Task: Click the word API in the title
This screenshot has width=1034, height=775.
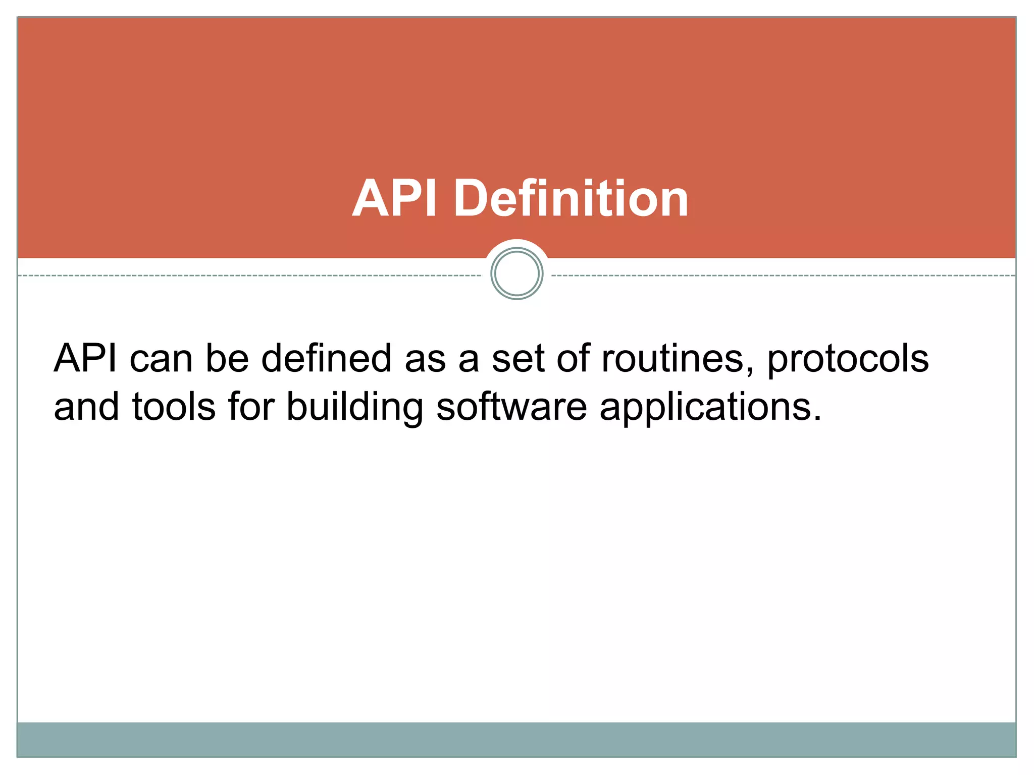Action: pos(394,199)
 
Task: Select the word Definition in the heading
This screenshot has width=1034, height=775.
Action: pos(571,199)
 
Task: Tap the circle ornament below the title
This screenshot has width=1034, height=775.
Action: pos(516,274)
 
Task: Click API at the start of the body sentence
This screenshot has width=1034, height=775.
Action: pos(85,358)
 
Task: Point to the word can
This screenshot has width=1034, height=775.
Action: pos(161,359)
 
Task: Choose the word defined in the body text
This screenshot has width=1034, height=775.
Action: pos(326,358)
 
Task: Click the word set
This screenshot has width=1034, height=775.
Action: pos(518,359)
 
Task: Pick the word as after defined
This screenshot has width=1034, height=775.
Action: pos(425,359)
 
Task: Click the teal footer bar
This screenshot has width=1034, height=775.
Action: pos(516,739)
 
